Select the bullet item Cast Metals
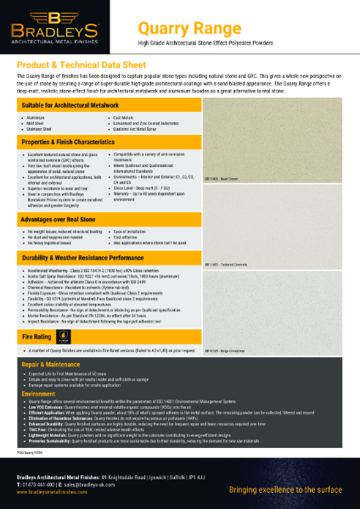click(125, 117)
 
